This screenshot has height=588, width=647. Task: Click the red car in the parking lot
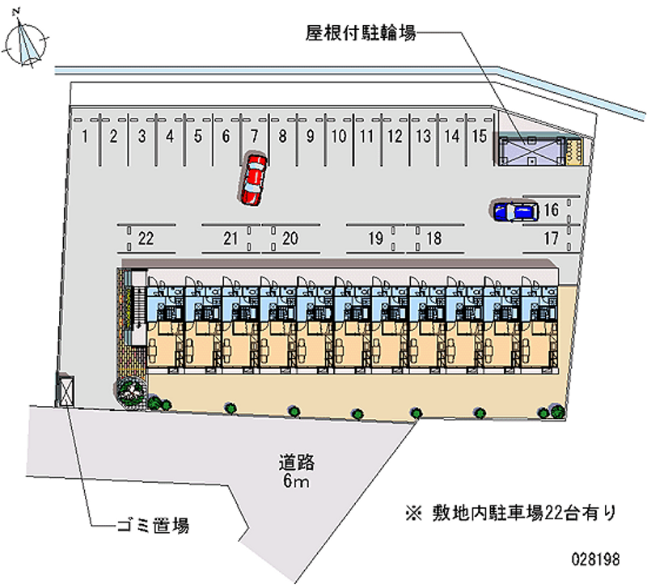252,179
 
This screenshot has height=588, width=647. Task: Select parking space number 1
85,136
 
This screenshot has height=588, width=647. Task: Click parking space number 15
480,136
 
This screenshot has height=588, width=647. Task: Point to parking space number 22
146,239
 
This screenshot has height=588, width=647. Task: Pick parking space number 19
375,239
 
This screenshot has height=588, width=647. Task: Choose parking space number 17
551,239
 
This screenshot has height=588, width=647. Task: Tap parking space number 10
339,136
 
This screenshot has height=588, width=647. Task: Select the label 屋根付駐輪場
361,32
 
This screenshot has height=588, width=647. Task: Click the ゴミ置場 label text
153,526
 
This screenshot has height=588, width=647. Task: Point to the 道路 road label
296,463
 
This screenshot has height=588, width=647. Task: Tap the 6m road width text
296,481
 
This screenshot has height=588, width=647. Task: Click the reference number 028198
595,559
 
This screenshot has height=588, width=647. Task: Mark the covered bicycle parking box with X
532,151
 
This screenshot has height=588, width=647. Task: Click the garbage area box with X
66,390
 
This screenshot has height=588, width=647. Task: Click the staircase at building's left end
137,307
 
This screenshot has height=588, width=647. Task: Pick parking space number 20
290,239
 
